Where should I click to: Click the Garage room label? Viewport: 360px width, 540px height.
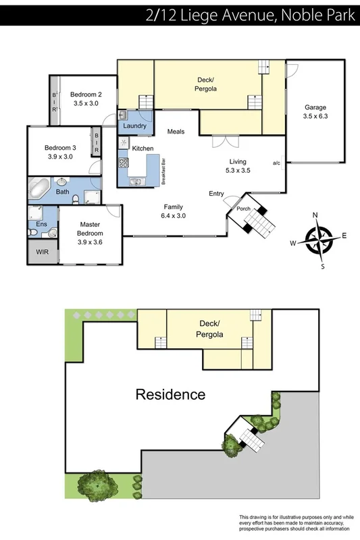[x=315, y=107]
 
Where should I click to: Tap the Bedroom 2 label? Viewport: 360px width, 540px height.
[x=85, y=94]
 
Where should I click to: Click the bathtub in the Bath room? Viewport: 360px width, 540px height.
[x=41, y=186]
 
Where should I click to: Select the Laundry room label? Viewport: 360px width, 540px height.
[x=134, y=125]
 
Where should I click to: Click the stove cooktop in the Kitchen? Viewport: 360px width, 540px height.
[x=123, y=163]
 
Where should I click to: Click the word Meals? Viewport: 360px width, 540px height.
[x=176, y=132]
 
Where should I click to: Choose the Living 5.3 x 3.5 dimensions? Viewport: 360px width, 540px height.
[x=237, y=171]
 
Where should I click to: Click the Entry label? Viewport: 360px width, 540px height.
[x=216, y=194]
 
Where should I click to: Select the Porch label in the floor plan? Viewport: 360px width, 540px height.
[x=243, y=209]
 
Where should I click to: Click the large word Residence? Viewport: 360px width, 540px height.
[x=170, y=394]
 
